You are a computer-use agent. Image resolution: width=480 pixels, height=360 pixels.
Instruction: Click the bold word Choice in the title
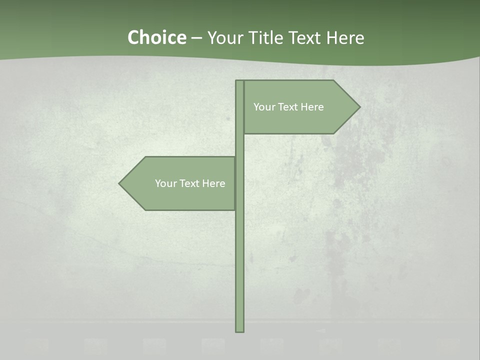(156, 37)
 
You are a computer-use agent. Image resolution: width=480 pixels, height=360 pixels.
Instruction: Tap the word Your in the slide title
(223, 37)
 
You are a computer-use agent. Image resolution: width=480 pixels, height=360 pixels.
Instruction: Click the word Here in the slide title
(345, 37)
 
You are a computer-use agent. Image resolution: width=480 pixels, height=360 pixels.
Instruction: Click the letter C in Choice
(133, 37)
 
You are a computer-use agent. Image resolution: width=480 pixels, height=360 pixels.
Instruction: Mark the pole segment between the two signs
(239, 145)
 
